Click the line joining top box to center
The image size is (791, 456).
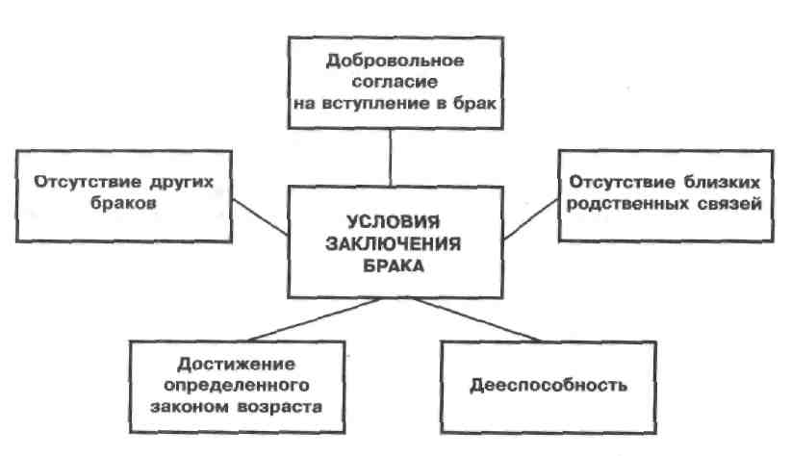point(391,159)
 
